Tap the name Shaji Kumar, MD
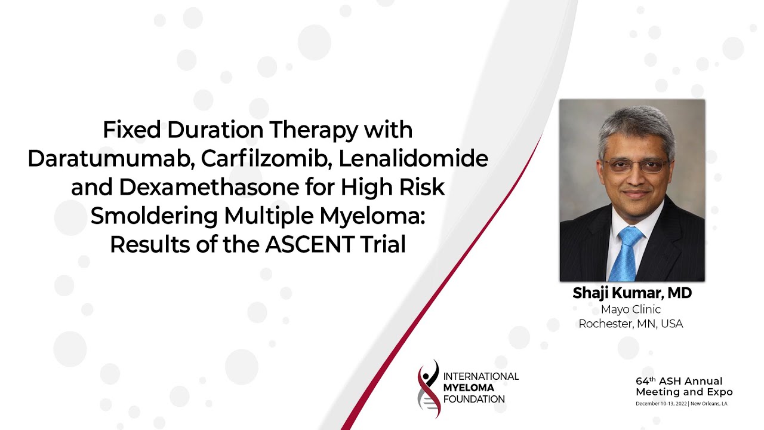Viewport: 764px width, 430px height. (631, 293)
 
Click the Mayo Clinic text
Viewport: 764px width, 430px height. (631, 309)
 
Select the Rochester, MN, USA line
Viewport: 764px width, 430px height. (631, 324)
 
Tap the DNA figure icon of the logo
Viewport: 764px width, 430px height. (429, 388)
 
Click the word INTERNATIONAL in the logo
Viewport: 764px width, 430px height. (481, 376)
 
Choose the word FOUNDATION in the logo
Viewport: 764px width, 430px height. (474, 399)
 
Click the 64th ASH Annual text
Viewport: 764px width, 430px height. (679, 381)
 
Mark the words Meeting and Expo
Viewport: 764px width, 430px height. (684, 392)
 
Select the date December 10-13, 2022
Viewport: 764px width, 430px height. (661, 404)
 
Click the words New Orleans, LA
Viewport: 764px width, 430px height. (709, 404)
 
